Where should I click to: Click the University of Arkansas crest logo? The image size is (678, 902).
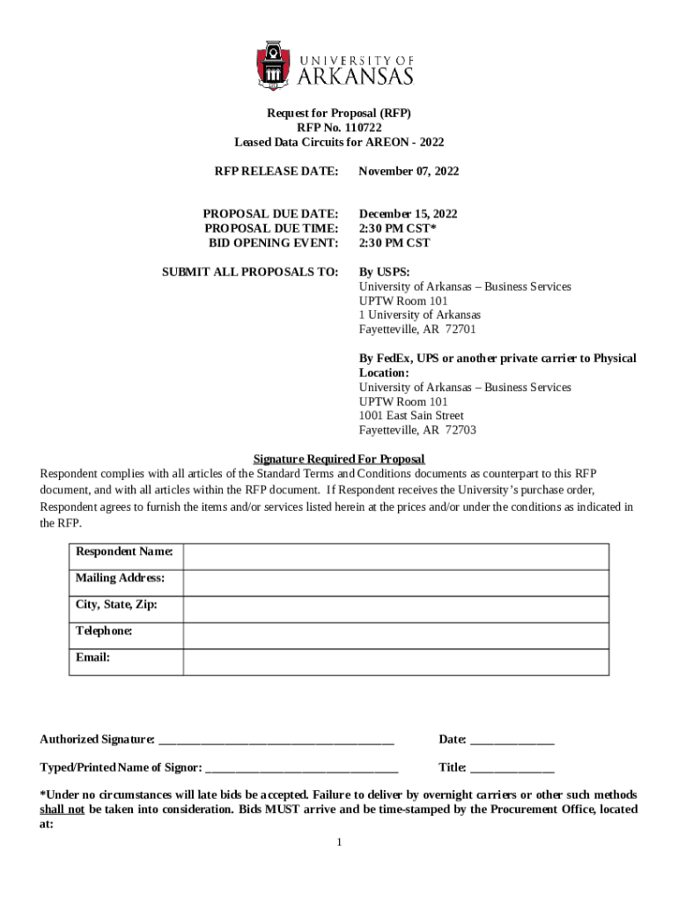[273, 65]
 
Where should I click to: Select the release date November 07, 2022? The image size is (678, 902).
[409, 171]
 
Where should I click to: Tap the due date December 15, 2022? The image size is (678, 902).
[408, 214]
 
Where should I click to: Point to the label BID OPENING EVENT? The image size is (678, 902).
[273, 243]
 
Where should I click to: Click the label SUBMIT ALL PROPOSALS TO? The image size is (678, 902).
[250, 272]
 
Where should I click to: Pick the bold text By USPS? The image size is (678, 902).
[384, 272]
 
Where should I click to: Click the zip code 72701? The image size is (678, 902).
[461, 329]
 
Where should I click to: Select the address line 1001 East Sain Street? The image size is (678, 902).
[411, 416]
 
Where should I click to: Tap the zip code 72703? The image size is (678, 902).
[461, 430]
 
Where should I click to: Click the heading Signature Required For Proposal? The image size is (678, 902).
[339, 459]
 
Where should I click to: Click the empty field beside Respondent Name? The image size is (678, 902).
[395, 557]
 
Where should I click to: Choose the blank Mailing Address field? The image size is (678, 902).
[395, 583]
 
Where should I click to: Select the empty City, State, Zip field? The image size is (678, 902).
[395, 610]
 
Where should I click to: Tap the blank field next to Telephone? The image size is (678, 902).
[395, 636]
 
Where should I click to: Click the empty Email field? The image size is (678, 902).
[395, 662]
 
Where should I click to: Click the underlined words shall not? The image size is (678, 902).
[63, 810]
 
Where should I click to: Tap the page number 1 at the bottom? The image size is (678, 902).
[339, 843]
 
